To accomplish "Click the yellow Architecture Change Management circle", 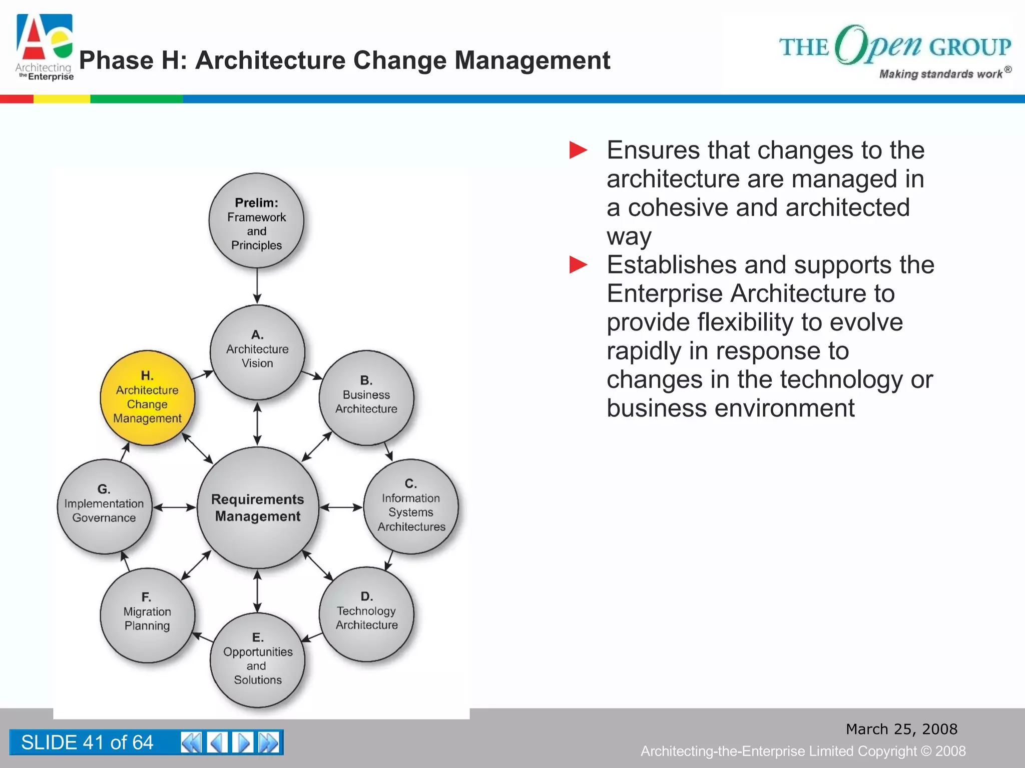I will (x=148, y=398).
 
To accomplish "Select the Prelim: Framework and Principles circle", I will (x=256, y=221).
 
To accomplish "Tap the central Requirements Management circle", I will (x=258, y=507).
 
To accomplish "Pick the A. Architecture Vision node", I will (x=257, y=352).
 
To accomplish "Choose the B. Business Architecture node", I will (x=366, y=398).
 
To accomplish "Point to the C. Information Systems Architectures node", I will (x=411, y=506).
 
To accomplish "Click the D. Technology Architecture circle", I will (x=366, y=614).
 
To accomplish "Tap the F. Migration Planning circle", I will (x=148, y=615).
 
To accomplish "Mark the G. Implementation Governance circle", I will (x=104, y=506).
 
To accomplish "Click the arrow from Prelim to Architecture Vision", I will (x=257, y=286).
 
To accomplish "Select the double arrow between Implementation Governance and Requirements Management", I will (x=174, y=507).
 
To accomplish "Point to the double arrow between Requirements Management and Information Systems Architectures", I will (x=341, y=507).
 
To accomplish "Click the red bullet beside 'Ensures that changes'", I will (x=578, y=150).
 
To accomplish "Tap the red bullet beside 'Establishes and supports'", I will (x=578, y=264).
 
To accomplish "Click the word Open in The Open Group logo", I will (x=878, y=45).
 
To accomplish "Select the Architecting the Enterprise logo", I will (x=45, y=47).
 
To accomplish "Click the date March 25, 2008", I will (x=901, y=729).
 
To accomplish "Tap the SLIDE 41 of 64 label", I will (x=87, y=742).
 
